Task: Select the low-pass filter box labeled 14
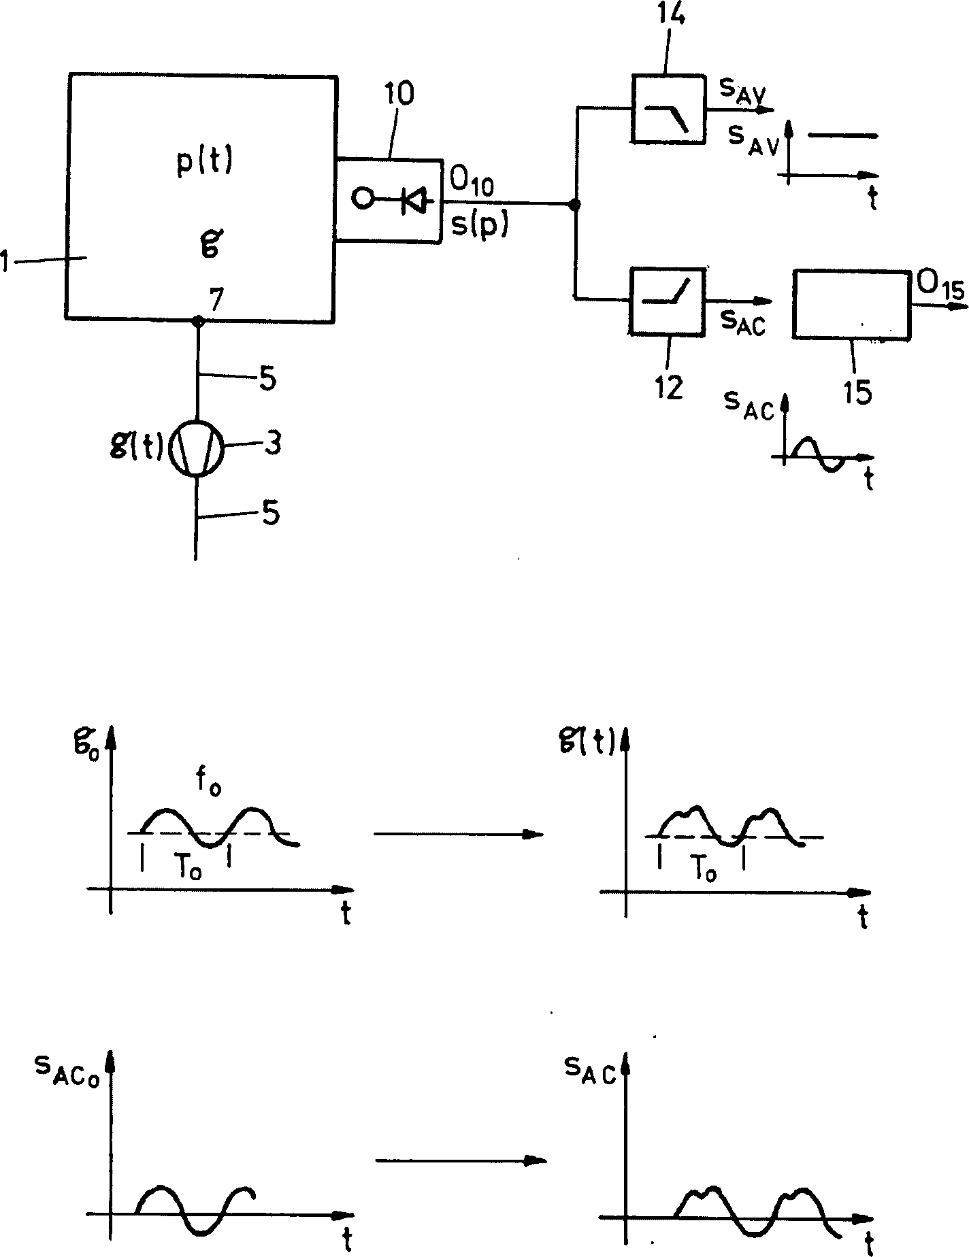[668, 109]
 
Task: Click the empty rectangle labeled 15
[851, 303]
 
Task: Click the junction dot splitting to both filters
[575, 203]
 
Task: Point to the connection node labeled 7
[197, 320]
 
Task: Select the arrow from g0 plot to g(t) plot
[459, 834]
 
